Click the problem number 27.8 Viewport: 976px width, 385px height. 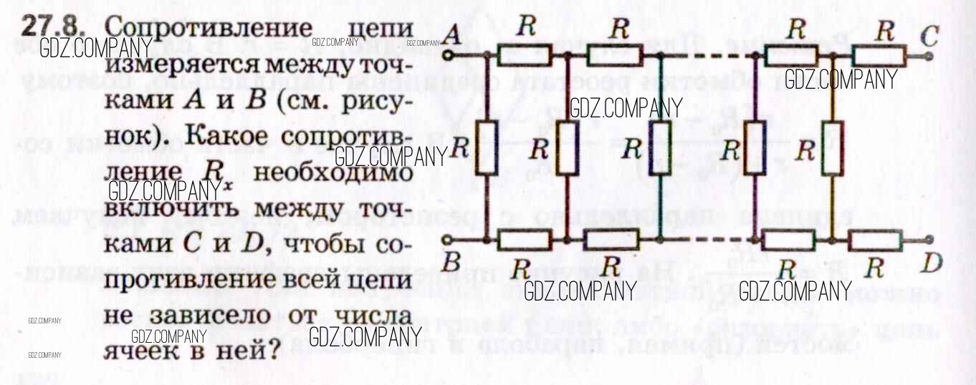point(52,26)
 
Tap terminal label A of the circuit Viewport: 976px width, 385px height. point(452,33)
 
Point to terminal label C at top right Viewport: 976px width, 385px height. point(929,35)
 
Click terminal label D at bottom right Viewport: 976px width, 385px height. point(932,264)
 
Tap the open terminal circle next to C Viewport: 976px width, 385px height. point(929,55)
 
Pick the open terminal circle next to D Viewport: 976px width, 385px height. point(929,239)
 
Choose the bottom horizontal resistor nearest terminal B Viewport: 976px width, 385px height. point(525,240)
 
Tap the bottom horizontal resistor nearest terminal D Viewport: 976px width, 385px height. point(876,240)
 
